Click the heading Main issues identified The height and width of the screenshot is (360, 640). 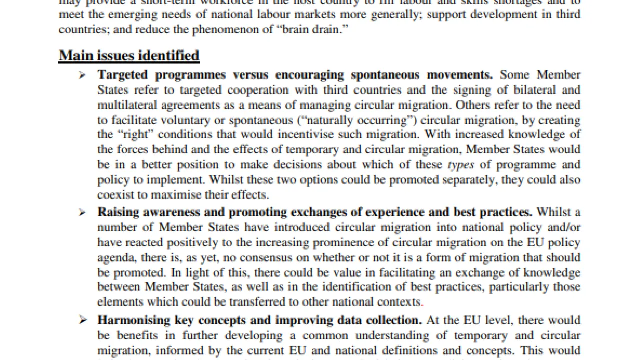point(129,55)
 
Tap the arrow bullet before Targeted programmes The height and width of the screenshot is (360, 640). point(82,75)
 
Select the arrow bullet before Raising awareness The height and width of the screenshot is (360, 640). point(82,213)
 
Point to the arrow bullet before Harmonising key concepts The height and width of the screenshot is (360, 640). point(82,320)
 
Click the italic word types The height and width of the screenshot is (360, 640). point(460,165)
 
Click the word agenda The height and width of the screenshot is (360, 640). point(113,258)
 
